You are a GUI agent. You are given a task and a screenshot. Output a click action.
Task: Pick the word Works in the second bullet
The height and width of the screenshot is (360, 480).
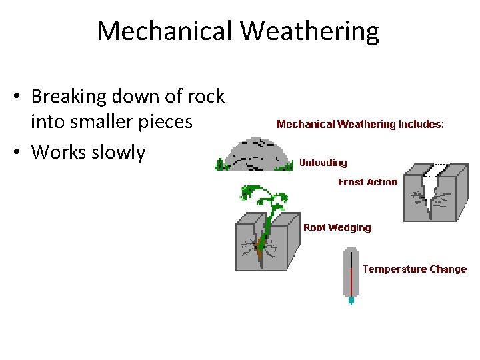coord(56,152)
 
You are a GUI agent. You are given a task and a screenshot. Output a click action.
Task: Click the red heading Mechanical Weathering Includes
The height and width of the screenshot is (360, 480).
coord(360,124)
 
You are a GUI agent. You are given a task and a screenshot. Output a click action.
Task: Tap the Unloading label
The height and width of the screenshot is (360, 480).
coord(323,163)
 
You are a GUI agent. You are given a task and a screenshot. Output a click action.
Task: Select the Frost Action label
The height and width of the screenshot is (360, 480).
coord(367,182)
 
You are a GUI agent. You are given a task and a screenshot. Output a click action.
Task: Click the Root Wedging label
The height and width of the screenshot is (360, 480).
coord(337,227)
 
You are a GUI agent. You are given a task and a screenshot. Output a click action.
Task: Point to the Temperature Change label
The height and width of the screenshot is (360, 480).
coord(414,269)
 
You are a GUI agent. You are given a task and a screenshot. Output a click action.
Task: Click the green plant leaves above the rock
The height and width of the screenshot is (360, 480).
coord(263,197)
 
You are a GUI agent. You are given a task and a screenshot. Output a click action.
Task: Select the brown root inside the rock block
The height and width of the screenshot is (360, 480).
coord(263,244)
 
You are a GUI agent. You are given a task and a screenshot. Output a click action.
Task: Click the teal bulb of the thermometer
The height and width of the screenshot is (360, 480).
coord(351,300)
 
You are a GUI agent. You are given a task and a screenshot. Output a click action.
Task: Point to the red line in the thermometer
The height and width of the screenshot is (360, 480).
coord(351,280)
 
